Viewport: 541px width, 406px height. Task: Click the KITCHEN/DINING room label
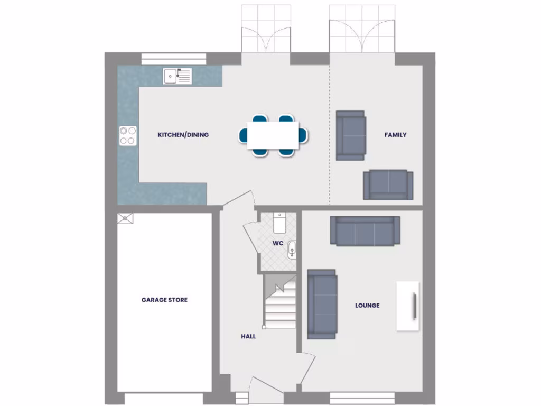coord(183,135)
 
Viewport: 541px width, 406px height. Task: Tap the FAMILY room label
coord(395,135)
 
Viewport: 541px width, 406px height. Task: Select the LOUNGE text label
coord(367,306)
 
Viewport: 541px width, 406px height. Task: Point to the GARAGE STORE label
coord(164,300)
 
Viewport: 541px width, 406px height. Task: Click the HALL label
coord(248,336)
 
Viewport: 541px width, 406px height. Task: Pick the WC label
coord(278,244)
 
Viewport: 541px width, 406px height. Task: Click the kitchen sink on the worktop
coord(177,76)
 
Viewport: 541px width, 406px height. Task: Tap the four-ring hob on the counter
coord(128,135)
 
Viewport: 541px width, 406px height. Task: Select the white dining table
coord(273,135)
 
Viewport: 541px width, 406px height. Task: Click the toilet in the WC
coord(280,223)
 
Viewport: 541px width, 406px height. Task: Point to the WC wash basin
coord(292,250)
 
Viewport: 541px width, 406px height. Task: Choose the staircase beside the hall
coord(280,304)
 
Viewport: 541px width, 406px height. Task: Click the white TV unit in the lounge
coord(408,306)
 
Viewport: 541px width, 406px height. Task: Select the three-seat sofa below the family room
coord(365,230)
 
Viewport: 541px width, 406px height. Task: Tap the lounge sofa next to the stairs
coord(322,304)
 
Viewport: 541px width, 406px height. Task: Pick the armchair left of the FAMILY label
coord(351,135)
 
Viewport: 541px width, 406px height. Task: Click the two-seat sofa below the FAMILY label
coord(388,184)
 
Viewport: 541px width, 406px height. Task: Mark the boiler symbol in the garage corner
coord(125,218)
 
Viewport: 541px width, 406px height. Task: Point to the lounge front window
coord(362,398)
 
